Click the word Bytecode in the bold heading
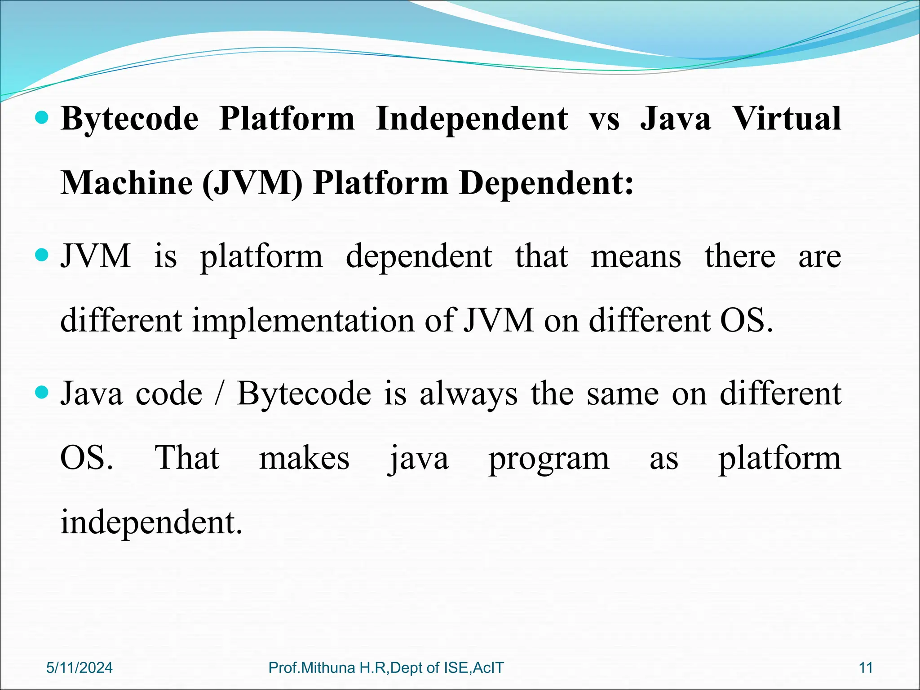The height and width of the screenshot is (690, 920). click(x=129, y=119)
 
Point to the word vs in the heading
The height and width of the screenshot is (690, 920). click(x=604, y=119)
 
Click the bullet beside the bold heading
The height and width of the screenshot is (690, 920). click(x=41, y=118)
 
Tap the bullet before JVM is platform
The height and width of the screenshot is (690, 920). click(x=41, y=256)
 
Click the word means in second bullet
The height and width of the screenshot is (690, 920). click(x=636, y=257)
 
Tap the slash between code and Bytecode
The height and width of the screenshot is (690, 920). click(x=219, y=394)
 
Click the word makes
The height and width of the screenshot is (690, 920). click(x=304, y=459)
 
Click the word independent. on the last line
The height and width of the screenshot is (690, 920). click(x=151, y=523)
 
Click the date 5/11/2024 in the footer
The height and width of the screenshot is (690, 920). click(x=80, y=668)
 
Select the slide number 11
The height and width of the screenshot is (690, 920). click(x=866, y=668)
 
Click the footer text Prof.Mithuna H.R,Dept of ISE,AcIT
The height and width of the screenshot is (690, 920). click(x=386, y=668)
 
